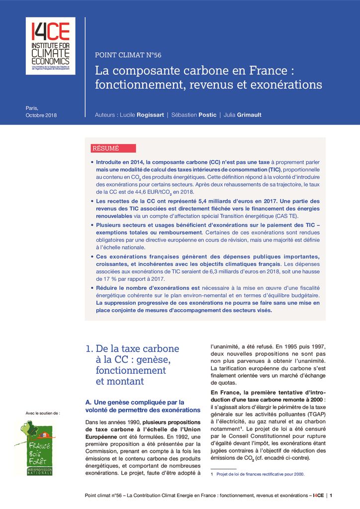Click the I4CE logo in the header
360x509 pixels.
point(50,46)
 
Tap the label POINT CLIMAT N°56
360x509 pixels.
point(128,55)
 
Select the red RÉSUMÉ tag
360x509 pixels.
point(105,148)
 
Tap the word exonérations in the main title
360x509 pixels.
point(286,85)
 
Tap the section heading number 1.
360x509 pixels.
point(89,349)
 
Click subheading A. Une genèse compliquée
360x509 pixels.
point(135,406)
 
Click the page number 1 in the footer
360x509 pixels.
point(331,495)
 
